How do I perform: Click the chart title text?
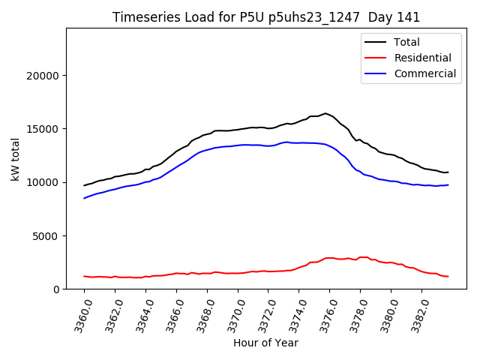(x=266, y=17)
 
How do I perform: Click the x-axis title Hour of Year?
(x=265, y=343)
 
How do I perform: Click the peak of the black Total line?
(x=325, y=113)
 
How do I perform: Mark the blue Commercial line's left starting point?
(x=84, y=198)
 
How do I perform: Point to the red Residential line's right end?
(x=448, y=277)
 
